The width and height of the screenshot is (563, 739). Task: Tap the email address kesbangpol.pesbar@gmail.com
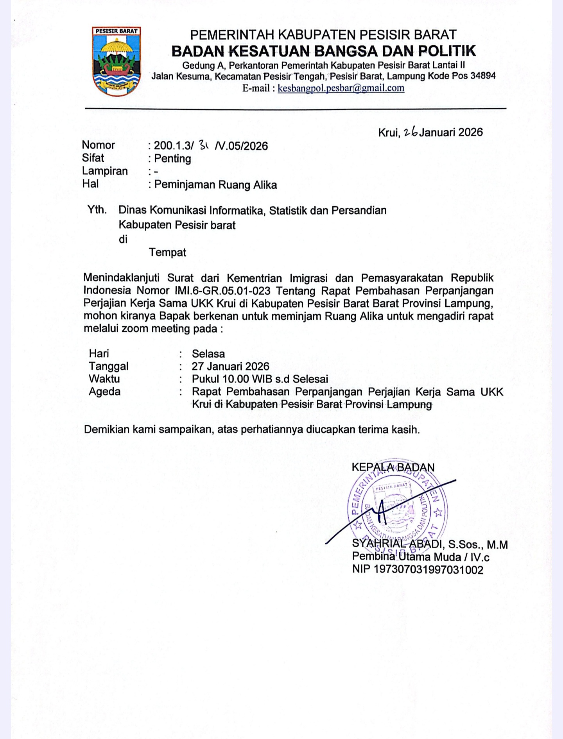341,88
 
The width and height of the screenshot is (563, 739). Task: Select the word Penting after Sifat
172,159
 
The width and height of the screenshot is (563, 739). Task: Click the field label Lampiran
105,171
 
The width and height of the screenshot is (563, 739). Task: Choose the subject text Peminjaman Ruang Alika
215,184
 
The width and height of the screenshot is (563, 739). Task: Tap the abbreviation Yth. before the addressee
97,210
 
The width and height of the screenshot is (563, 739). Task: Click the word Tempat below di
167,252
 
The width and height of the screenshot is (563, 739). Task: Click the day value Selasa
208,354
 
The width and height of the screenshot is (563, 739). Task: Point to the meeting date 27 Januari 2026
230,367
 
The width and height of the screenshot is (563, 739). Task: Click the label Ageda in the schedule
104,392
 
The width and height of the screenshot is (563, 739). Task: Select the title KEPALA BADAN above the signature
393,467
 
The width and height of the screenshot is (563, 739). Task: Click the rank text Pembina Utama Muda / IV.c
421,557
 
